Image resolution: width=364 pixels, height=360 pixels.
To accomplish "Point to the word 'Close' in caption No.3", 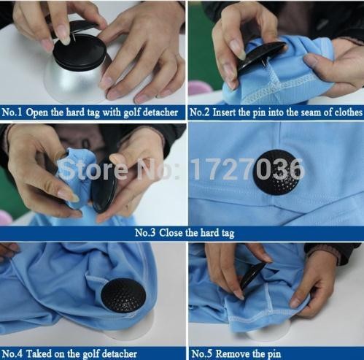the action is [171, 233].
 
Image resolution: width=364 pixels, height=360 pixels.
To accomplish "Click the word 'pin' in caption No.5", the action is [274, 354].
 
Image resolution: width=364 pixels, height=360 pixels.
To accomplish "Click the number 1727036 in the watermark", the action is [247, 169].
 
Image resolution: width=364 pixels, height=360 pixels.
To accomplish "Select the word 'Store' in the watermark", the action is [93, 169].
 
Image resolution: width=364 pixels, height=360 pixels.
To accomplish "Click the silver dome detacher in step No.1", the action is [74, 82].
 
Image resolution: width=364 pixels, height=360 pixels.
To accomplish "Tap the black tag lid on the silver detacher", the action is [80, 52].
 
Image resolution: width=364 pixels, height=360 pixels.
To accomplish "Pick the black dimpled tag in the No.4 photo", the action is [123, 295].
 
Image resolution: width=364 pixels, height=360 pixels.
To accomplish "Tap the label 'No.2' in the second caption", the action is [199, 112].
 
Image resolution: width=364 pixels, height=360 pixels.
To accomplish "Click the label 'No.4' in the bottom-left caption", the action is [12, 353].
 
